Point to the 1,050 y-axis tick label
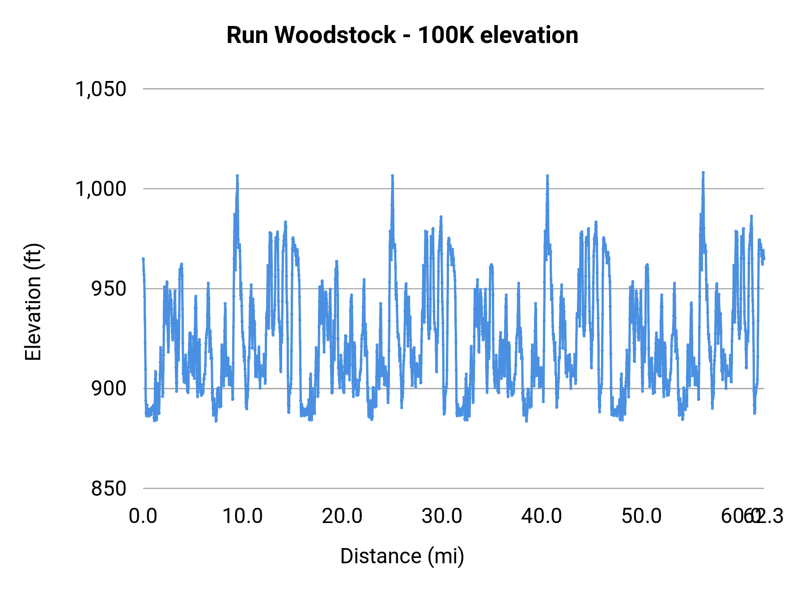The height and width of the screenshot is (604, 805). coord(101,89)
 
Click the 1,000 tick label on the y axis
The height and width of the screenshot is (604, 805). coord(101,189)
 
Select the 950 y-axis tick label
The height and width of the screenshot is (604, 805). coord(109,289)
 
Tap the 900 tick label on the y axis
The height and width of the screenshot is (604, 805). coord(109,388)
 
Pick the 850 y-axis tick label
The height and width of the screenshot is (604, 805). coord(109,489)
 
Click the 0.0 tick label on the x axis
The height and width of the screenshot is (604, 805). coord(143,516)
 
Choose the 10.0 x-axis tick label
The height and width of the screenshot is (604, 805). coord(242,516)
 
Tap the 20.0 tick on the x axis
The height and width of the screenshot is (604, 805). coord(342,516)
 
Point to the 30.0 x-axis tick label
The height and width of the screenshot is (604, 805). coord(442,516)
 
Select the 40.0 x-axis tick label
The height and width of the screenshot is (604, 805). coord(542,516)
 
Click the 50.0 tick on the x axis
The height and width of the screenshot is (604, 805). coord(641,516)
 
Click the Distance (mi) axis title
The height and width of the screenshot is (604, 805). coord(402,556)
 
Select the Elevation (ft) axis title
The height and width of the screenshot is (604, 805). coord(33,302)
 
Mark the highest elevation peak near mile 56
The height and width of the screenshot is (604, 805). coord(703,172)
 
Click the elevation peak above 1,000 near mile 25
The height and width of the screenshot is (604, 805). coord(392,175)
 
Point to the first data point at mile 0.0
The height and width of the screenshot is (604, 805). coord(143,259)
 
